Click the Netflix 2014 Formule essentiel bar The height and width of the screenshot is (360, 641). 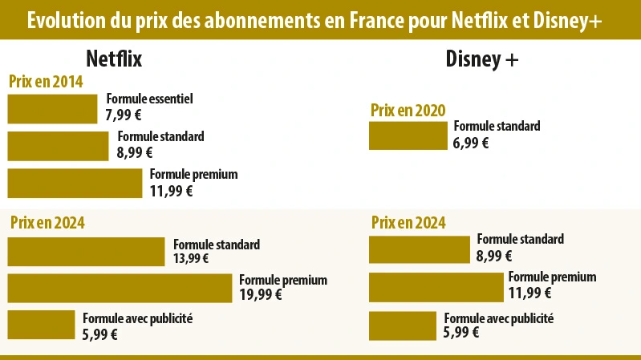pyautogui.click(x=52, y=109)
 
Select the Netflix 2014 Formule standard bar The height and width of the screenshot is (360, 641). pyautogui.click(x=58, y=146)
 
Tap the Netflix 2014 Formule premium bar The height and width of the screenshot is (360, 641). pyautogui.click(x=74, y=183)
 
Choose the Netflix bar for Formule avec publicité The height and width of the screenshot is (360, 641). pyautogui.click(x=41, y=325)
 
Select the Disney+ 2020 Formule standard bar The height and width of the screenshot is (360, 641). pyautogui.click(x=408, y=136)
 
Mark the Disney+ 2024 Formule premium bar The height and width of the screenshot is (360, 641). pyautogui.click(x=436, y=287)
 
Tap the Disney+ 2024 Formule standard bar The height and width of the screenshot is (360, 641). pyautogui.click(x=419, y=249)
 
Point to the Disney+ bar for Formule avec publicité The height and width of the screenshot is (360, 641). pyautogui.click(x=402, y=326)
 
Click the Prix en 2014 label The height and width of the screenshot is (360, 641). pyautogui.click(x=46, y=82)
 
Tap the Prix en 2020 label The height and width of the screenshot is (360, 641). pyautogui.click(x=408, y=110)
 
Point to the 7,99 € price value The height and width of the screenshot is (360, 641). pyautogui.click(x=124, y=115)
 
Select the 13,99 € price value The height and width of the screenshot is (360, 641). pyautogui.click(x=191, y=258)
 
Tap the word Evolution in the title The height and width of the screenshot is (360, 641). pyautogui.click(x=63, y=21)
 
